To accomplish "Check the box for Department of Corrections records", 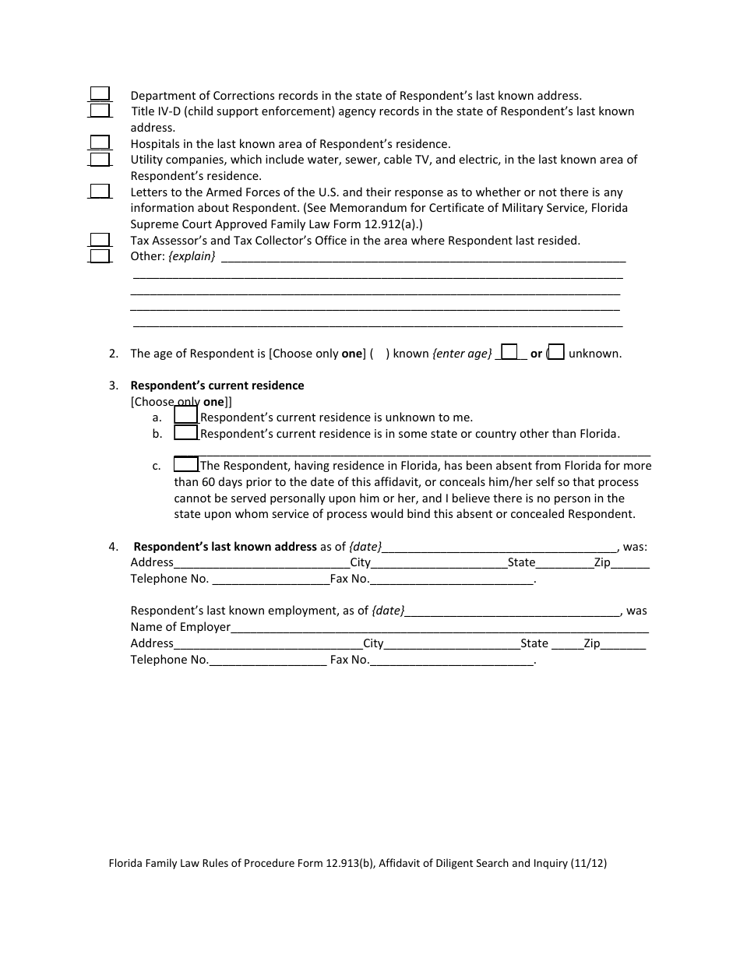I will click(99, 94).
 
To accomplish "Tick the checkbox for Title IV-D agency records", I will click(99, 111).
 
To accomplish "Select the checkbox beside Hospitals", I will click(99, 143).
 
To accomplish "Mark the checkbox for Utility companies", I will click(99, 159).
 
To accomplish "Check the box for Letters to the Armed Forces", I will click(99, 191).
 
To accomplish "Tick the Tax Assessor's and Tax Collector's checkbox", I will click(99, 240).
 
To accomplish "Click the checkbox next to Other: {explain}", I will click(99, 255).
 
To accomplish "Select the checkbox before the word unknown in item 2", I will click(557, 352).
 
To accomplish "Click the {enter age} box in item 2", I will click(509, 352).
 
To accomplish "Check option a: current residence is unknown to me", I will click(185, 416).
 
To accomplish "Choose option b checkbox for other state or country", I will click(185, 432).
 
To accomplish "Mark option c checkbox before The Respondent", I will click(185, 464).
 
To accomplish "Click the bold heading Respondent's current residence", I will click(217, 386).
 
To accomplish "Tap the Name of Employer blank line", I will click(439, 628).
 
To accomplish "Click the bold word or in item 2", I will click(536, 354).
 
